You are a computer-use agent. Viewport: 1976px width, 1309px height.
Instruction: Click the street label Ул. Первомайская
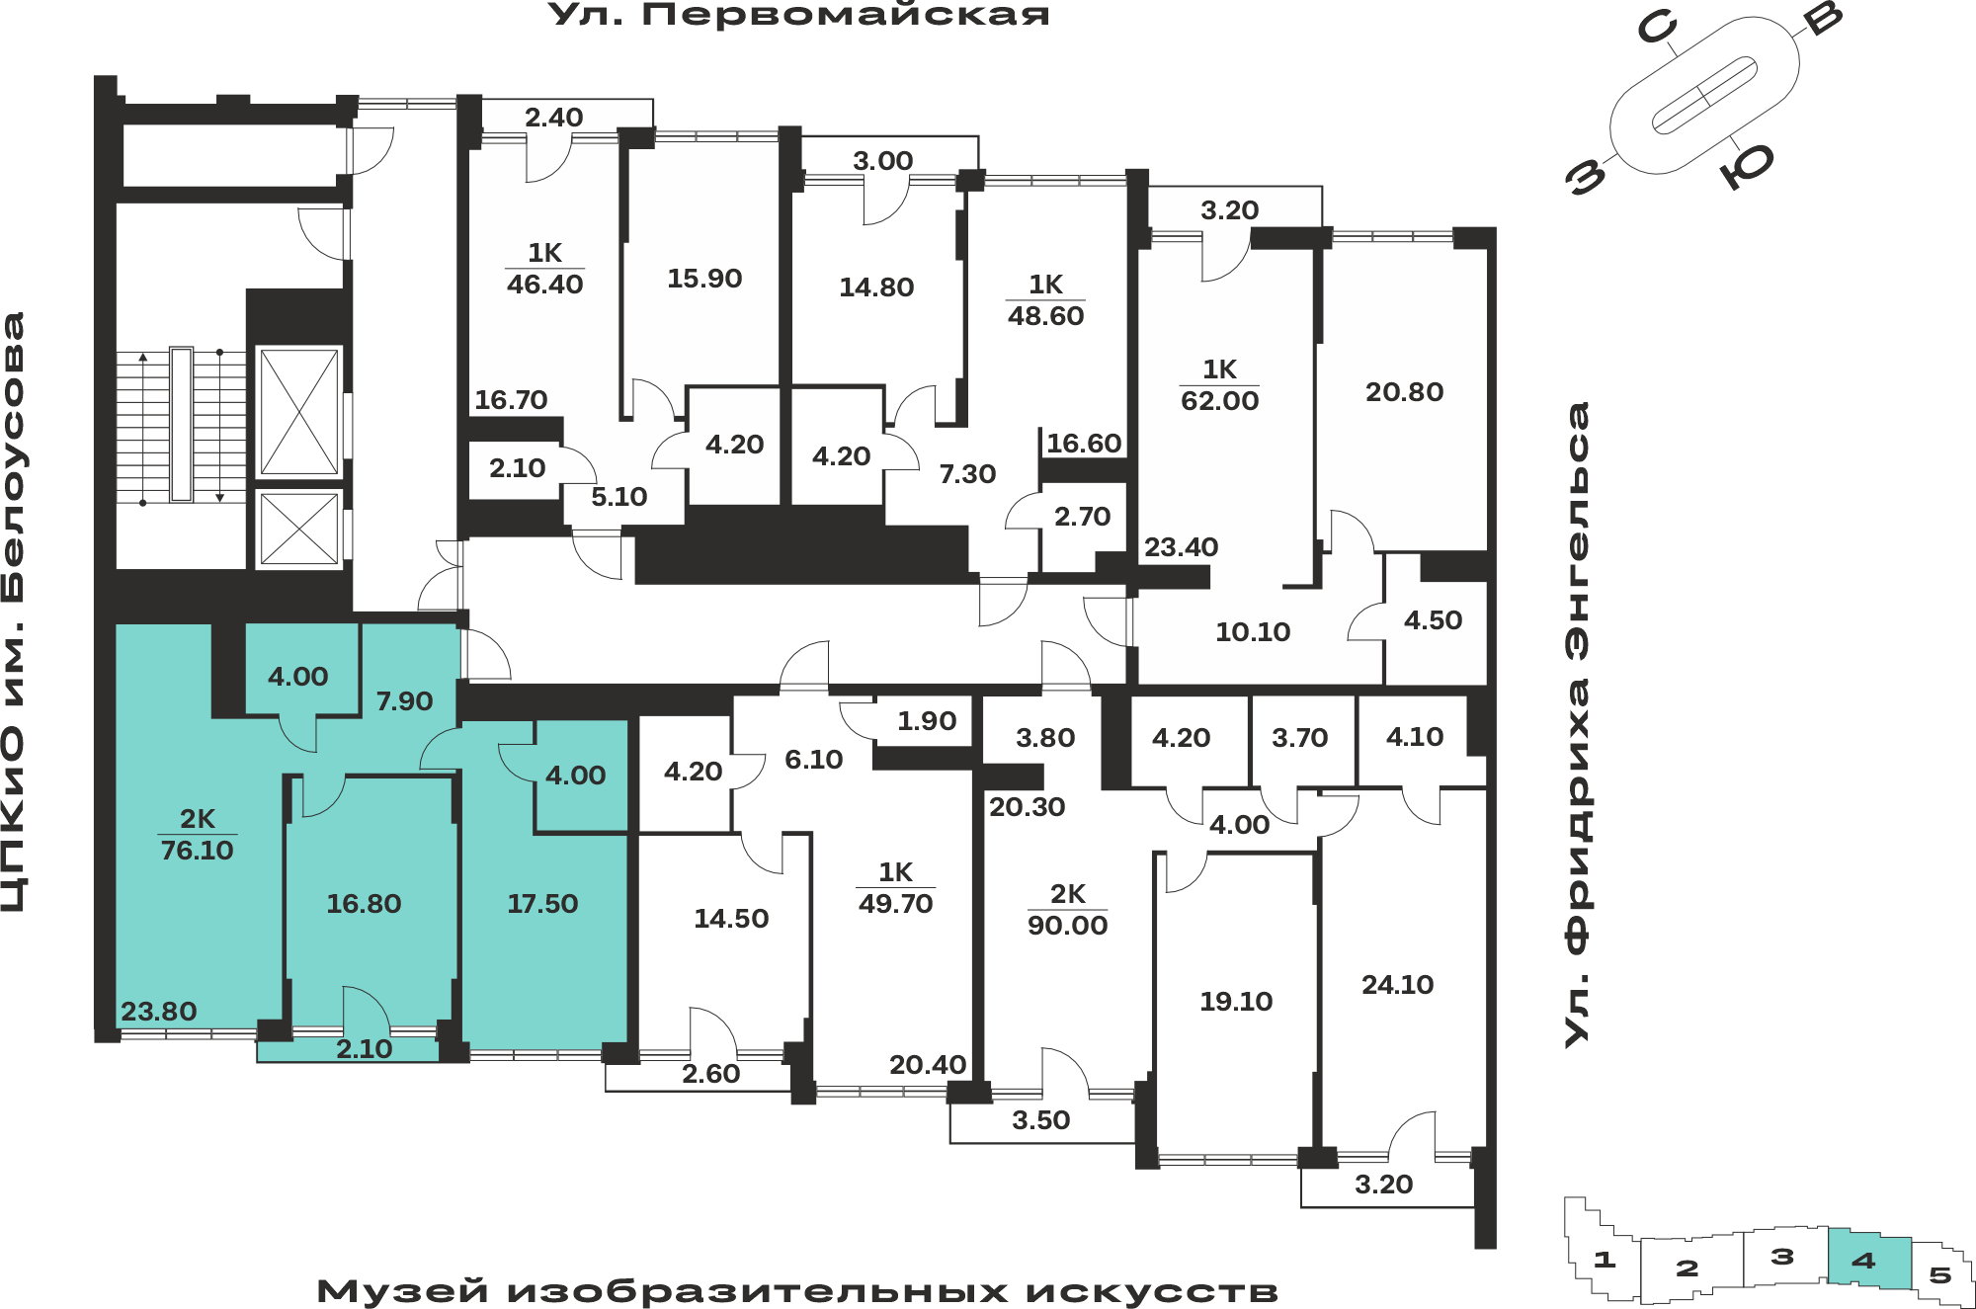799,15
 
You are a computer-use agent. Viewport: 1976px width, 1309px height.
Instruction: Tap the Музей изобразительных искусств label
797,1291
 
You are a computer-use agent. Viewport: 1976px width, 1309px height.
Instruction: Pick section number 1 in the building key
1605,1260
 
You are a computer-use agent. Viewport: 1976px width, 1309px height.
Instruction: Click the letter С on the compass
1657,26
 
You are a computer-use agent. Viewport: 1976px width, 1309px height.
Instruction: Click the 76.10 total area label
197,850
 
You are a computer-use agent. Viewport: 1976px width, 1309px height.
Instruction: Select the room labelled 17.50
542,904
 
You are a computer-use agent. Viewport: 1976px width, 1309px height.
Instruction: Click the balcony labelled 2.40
554,118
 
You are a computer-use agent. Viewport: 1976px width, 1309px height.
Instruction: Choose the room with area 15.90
703,279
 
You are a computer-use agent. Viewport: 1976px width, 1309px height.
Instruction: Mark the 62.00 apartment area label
1220,401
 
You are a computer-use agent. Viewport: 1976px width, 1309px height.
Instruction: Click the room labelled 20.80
1404,392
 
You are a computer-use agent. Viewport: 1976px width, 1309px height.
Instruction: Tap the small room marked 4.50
1435,620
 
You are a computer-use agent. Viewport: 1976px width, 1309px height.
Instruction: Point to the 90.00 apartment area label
1067,926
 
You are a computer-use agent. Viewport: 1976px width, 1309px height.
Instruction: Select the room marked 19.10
1236,1002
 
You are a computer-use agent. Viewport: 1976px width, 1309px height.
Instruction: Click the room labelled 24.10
1397,985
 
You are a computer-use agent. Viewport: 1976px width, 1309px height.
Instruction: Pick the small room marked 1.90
927,721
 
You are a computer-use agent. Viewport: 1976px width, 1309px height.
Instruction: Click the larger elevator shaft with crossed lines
298,412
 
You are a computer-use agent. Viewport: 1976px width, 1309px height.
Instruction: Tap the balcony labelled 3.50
1041,1120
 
